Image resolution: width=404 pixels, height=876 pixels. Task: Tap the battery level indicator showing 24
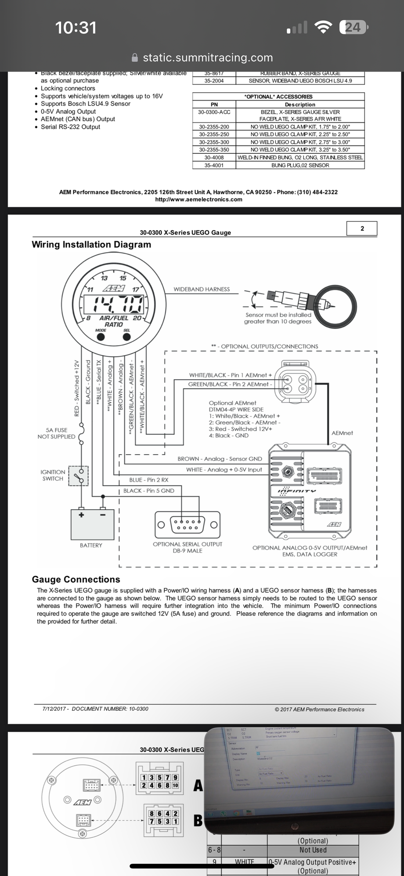tap(353, 28)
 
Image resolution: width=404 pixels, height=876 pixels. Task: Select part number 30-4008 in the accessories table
tap(214, 157)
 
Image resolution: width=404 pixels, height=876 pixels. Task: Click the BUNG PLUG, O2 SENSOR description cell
tap(300, 165)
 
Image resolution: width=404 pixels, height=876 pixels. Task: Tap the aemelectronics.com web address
tap(198, 199)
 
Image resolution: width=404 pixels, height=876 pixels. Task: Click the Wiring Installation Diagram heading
tap(91, 245)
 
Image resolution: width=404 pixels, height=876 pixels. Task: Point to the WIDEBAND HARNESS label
tap(202, 290)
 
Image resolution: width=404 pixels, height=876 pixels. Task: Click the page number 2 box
tap(362, 228)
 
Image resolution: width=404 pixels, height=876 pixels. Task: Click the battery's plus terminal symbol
tap(81, 515)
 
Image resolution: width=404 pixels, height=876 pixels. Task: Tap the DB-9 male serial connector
tap(188, 524)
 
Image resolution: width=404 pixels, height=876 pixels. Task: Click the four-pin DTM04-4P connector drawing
tap(293, 381)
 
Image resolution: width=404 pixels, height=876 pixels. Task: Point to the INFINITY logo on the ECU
tap(296, 490)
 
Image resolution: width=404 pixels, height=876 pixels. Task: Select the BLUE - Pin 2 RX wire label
tap(148, 480)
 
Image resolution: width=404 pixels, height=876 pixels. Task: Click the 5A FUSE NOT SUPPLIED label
tap(56, 433)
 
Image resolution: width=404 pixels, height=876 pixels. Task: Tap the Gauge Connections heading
tap(76, 579)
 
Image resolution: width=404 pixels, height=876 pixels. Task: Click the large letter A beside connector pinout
tap(198, 785)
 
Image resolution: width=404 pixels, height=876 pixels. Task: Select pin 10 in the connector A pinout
tap(175, 785)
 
